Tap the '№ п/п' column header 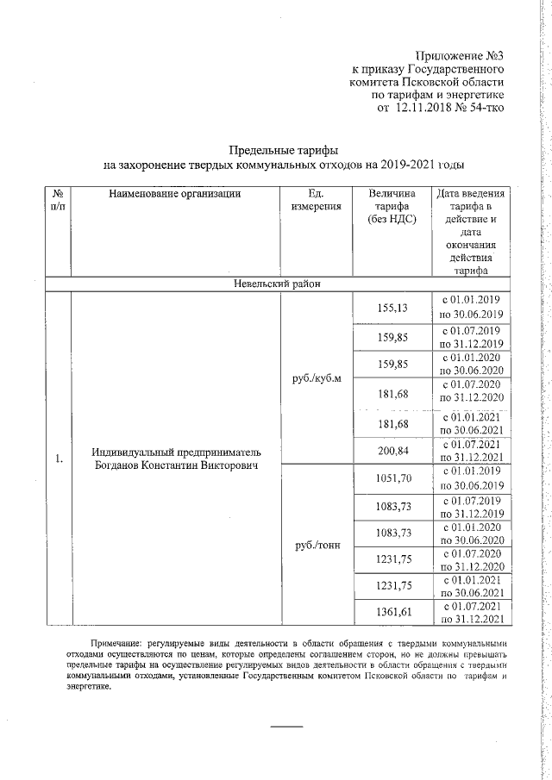[57, 200]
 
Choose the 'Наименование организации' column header [174, 194]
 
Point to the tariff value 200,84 [392, 450]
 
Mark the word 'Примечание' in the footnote [117, 644]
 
